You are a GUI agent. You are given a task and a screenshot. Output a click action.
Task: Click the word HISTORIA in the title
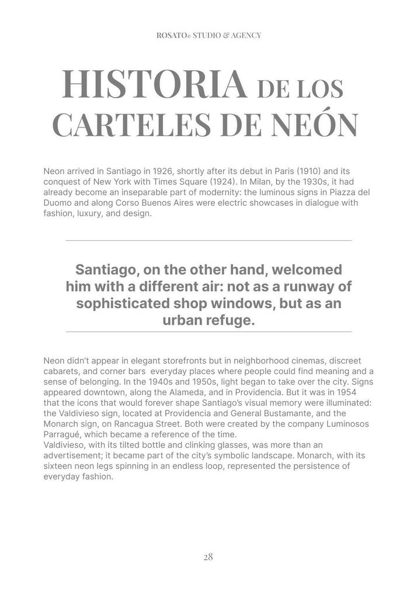pos(154,85)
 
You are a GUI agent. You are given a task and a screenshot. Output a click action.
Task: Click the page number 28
pos(208,557)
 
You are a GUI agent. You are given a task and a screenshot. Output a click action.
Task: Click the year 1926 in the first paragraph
pos(162,171)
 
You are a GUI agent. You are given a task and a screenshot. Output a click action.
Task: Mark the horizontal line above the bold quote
pos(208,240)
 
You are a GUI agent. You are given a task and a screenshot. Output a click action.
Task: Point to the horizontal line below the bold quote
pos(208,331)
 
